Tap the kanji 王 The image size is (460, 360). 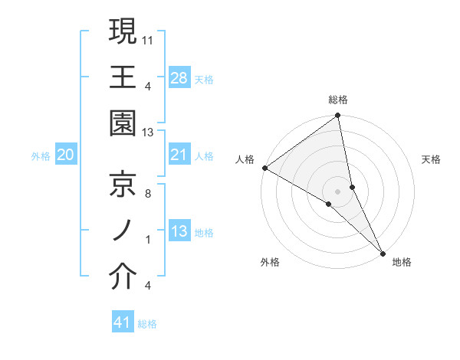point(123,77)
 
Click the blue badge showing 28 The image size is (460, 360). point(179,77)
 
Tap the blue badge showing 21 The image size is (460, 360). point(179,155)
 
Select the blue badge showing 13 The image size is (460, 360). point(179,231)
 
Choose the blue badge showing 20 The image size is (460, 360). point(65,155)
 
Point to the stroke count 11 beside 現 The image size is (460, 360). point(148,39)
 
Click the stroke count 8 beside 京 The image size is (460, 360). point(148,194)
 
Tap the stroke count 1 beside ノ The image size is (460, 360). point(148,240)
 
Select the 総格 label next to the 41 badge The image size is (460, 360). point(147,324)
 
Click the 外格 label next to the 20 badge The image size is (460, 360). point(41,156)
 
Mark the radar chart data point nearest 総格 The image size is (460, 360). point(337,116)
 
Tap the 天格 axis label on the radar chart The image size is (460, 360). point(432,159)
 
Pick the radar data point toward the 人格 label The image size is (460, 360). point(264,168)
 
